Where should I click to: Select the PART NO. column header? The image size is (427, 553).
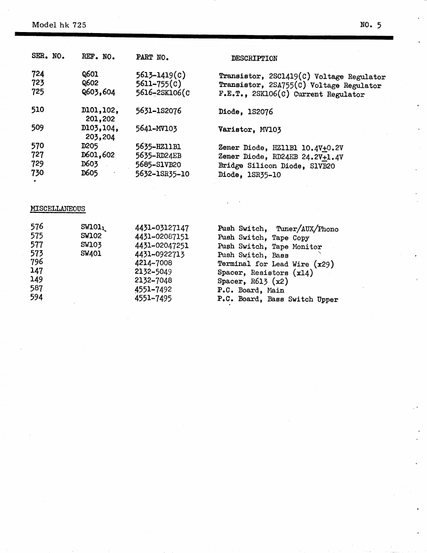(153, 58)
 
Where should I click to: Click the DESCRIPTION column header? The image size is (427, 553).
(254, 58)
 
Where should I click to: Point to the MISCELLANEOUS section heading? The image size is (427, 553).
(58, 208)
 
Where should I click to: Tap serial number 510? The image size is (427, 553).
(38, 111)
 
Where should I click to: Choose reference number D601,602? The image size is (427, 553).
(98, 156)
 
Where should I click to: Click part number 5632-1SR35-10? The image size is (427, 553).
(162, 173)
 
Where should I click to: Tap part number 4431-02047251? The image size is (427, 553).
(162, 246)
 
